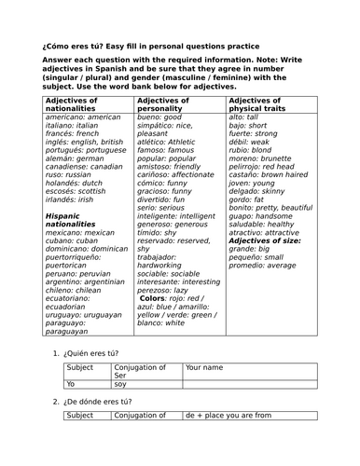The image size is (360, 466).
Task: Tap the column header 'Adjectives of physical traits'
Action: [x=262, y=103]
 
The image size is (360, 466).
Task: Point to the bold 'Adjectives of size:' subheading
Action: [x=265, y=240]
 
